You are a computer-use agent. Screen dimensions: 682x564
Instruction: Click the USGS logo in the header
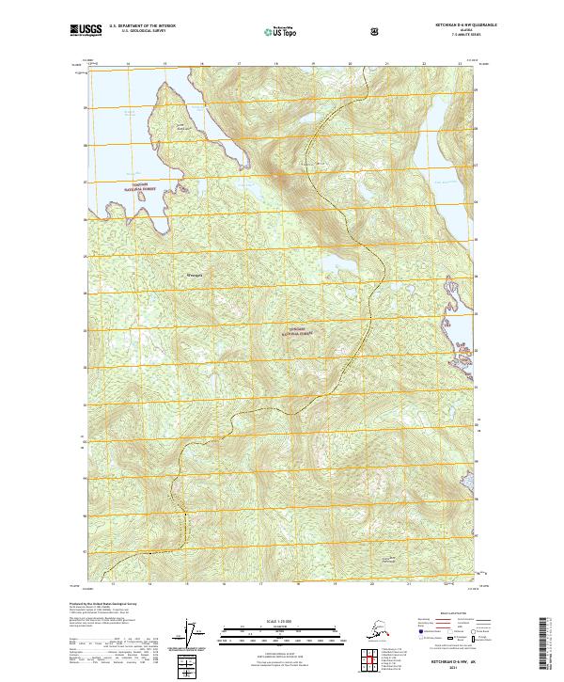click(86, 31)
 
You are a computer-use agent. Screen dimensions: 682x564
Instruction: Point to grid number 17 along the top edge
click(239, 64)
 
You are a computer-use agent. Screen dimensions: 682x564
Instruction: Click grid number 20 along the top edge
click(350, 64)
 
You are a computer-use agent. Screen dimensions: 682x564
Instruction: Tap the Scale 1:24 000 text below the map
click(281, 622)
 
